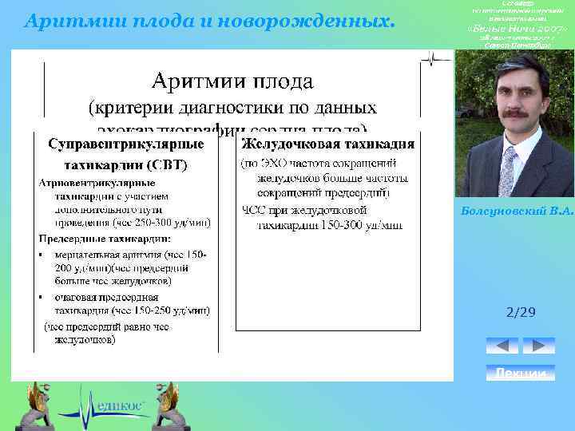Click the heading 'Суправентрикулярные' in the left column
click(125, 145)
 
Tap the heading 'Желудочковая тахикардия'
click(327, 144)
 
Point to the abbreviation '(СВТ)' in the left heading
click(167, 165)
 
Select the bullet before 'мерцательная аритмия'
click(42, 255)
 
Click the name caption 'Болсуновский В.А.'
click(517, 210)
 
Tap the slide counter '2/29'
click(521, 313)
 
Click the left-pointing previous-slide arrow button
click(502, 346)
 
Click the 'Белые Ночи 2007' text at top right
click(517, 30)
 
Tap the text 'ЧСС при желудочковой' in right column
click(303, 210)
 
